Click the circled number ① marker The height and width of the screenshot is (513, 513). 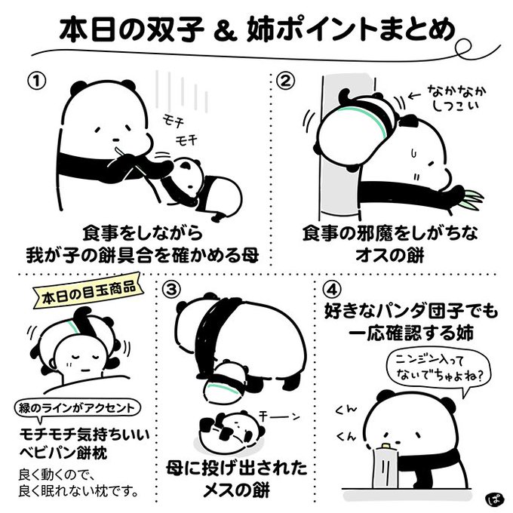pos(37,81)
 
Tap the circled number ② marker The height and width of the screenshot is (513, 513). pos(286,81)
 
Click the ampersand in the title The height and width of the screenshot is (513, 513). pos(225,32)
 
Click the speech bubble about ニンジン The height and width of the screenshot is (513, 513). pos(437,370)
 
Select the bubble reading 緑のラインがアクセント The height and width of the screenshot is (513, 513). pos(77,409)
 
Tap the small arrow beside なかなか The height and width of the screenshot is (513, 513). pos(415,96)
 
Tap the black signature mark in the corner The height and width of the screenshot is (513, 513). pos(493,499)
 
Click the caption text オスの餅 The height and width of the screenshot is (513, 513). pos(389,256)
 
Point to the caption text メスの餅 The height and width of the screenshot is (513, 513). pos(237,490)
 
